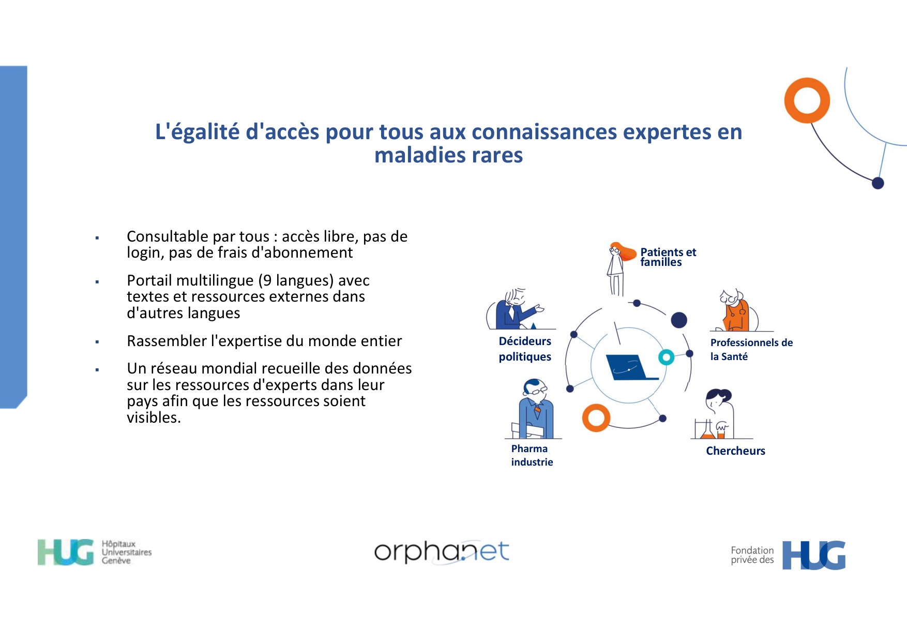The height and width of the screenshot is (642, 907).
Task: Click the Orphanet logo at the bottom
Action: (x=442, y=551)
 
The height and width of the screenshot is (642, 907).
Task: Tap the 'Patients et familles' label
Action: (x=668, y=257)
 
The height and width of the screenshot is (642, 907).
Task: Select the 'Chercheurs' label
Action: (x=735, y=451)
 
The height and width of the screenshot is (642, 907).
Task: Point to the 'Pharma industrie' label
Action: (x=532, y=455)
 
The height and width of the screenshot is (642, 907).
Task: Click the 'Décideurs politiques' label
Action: (x=525, y=349)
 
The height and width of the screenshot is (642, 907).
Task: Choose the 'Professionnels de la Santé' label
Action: (x=751, y=349)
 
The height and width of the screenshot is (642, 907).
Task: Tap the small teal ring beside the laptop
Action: (x=666, y=357)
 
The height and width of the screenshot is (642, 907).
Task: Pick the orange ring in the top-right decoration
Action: (x=807, y=100)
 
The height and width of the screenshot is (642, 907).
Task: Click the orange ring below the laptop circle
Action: (x=596, y=418)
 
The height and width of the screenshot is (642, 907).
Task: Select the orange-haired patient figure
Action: (x=618, y=266)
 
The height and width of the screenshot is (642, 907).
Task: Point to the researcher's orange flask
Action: (x=707, y=432)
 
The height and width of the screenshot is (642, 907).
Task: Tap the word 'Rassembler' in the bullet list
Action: (x=167, y=341)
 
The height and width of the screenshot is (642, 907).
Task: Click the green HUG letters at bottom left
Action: (x=66, y=552)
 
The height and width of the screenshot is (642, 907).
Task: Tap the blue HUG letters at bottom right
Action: (x=813, y=555)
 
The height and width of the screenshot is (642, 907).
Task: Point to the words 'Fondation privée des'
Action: (x=752, y=555)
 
